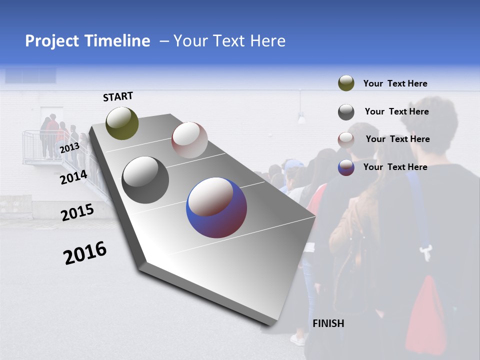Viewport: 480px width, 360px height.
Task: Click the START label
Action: pyautogui.click(x=118, y=96)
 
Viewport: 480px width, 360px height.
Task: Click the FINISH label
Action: pyautogui.click(x=328, y=323)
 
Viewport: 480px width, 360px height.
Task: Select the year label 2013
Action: pyautogui.click(x=69, y=148)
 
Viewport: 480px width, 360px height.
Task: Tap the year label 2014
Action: pyautogui.click(x=73, y=177)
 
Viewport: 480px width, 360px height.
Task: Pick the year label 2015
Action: pyautogui.click(x=77, y=212)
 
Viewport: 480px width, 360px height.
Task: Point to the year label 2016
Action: pyautogui.click(x=85, y=252)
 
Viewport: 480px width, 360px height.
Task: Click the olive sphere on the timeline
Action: pyautogui.click(x=122, y=123)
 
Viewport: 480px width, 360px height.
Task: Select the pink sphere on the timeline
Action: pyautogui.click(x=189, y=140)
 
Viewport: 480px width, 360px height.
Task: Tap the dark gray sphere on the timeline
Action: pyautogui.click(x=145, y=180)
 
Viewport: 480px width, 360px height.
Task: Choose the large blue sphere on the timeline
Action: pyautogui.click(x=216, y=207)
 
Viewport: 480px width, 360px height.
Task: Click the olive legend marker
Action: pyautogui.click(x=346, y=83)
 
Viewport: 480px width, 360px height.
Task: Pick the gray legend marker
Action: pyautogui.click(x=346, y=112)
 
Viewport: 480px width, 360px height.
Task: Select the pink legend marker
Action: pyautogui.click(x=346, y=139)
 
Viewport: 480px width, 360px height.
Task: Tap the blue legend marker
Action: pyautogui.click(x=346, y=167)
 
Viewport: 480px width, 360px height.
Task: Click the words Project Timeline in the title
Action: pyautogui.click(x=87, y=41)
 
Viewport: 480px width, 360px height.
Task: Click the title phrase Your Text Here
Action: pyautogui.click(x=229, y=41)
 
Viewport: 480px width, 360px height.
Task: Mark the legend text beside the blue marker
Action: pyautogui.click(x=395, y=167)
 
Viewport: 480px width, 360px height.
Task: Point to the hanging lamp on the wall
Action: pyautogui.click(x=301, y=118)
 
